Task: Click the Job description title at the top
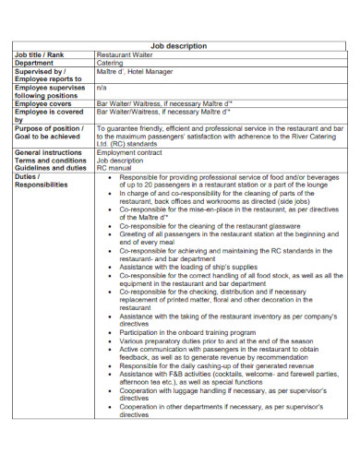179,45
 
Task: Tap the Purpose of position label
49,128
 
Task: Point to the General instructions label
48,152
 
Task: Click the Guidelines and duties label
50,168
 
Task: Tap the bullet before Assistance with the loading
111,266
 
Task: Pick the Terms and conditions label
50,160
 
